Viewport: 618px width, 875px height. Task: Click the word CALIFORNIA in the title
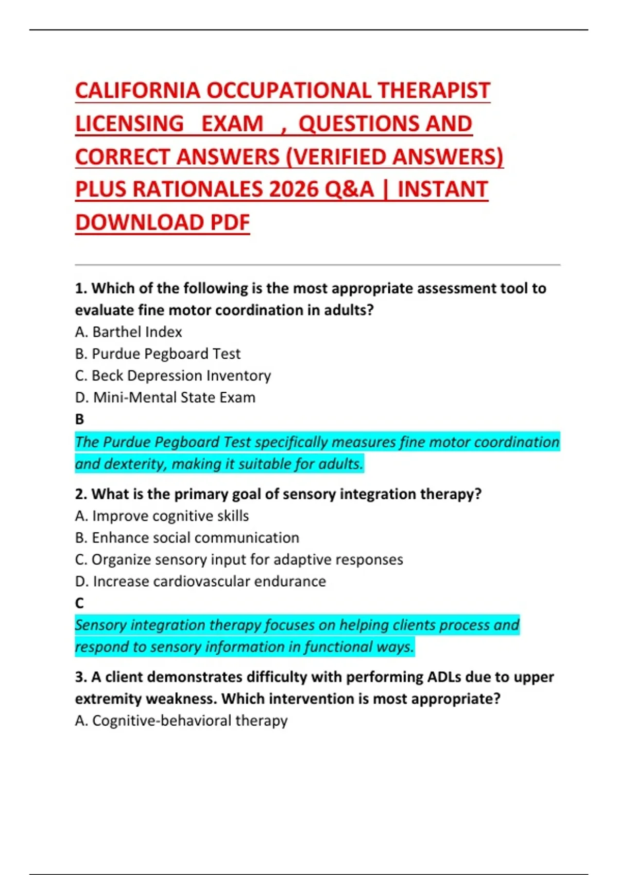[x=138, y=91]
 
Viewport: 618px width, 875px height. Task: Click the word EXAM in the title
[x=232, y=124]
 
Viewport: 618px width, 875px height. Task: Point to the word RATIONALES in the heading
[x=197, y=189]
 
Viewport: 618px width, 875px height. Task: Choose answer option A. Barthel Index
[x=128, y=332]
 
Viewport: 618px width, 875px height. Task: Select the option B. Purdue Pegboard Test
[x=158, y=354]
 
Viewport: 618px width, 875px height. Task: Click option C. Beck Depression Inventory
[x=173, y=376]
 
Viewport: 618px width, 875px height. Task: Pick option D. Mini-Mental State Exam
[x=165, y=397]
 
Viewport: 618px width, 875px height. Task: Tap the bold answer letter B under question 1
[x=79, y=419]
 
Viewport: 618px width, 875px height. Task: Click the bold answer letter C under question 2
[x=79, y=603]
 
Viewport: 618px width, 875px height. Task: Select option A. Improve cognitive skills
[x=162, y=516]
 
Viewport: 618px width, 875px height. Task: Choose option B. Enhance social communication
[x=187, y=537]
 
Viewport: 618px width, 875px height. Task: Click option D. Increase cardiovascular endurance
[x=200, y=581]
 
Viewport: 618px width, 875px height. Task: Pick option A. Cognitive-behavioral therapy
[x=181, y=720]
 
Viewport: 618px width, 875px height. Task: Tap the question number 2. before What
[x=81, y=494]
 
